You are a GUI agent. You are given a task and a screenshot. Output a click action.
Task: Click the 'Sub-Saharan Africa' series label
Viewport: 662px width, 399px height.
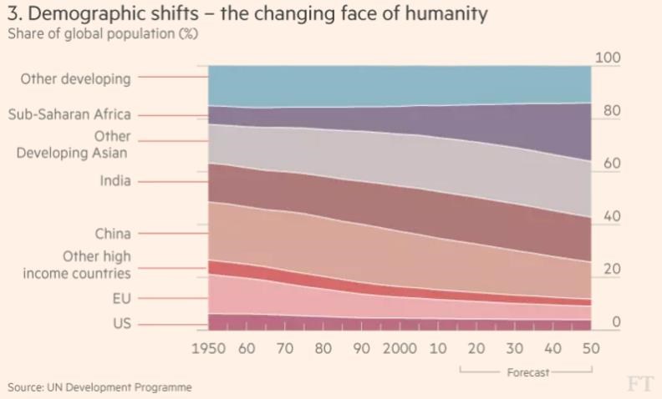point(69,115)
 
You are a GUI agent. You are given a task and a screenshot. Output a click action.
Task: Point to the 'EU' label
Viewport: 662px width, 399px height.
point(121,298)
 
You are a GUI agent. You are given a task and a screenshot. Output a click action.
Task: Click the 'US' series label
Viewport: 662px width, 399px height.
point(121,324)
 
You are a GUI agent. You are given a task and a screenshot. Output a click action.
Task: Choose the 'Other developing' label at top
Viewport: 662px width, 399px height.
point(75,79)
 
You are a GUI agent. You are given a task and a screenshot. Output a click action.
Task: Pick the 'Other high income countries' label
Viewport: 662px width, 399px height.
point(77,265)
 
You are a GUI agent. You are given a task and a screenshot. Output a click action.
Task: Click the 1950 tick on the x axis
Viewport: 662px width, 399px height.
point(209,348)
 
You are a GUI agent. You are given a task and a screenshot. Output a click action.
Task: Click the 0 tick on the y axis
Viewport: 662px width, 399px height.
point(616,322)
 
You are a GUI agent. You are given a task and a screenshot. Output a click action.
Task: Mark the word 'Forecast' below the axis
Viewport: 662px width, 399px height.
point(528,372)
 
